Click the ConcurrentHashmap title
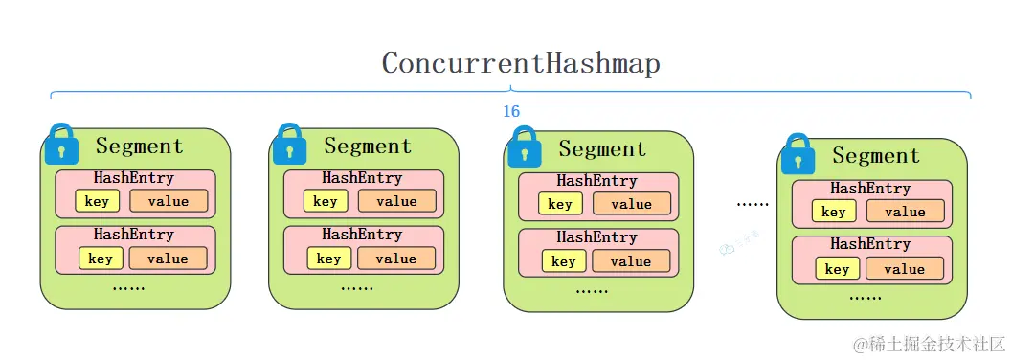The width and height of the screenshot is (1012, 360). pyautogui.click(x=521, y=63)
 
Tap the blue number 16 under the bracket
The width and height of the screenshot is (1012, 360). pyautogui.click(x=511, y=112)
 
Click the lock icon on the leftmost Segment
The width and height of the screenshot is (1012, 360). pyautogui.click(x=61, y=144)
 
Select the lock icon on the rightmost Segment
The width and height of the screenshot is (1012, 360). pyautogui.click(x=798, y=154)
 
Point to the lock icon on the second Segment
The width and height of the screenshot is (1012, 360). pyautogui.click(x=289, y=144)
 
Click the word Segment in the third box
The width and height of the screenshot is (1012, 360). pyautogui.click(x=602, y=148)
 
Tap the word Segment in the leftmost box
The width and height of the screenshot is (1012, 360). pyautogui.click(x=139, y=146)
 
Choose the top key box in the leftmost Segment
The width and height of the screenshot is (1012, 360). pyautogui.click(x=97, y=201)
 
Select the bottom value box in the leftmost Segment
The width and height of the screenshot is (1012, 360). pyautogui.click(x=168, y=259)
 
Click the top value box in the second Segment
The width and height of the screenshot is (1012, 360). pyautogui.click(x=396, y=201)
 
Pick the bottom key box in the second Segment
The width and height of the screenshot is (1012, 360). pyautogui.click(x=328, y=259)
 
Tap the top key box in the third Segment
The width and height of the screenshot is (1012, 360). pyautogui.click(x=560, y=204)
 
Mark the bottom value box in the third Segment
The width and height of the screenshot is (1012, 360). pyautogui.click(x=630, y=261)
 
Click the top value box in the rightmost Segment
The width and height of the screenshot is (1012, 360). pyautogui.click(x=905, y=212)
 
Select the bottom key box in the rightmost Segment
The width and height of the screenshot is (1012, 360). pyautogui.click(x=837, y=269)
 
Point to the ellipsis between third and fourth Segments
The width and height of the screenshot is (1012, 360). pyautogui.click(x=753, y=204)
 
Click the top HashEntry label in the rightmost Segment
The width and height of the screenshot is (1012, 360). pyautogui.click(x=870, y=190)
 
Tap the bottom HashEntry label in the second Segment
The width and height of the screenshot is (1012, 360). pyautogui.click(x=362, y=235)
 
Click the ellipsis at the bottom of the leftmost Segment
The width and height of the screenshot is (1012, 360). pyautogui.click(x=128, y=286)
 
